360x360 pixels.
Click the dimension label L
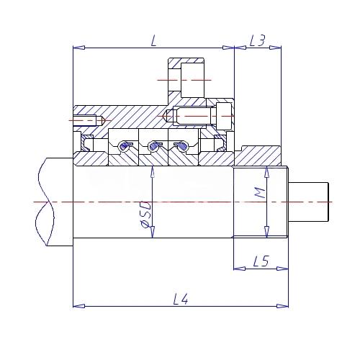154,41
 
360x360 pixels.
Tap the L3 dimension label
257,40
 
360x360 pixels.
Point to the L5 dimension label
261,261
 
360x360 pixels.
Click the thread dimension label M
260,193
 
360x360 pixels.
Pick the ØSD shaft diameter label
145,215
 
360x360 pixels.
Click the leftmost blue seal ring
125,145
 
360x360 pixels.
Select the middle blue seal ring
154,145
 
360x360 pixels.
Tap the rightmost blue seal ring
182,145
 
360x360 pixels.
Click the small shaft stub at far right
308,202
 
